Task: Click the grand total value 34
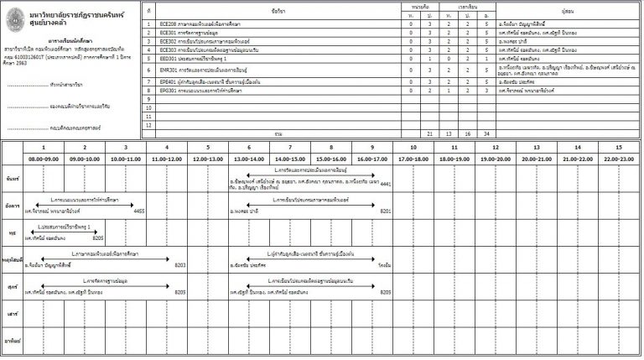click(x=486, y=133)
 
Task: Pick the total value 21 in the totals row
click(x=429, y=133)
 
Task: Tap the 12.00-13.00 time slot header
click(x=207, y=159)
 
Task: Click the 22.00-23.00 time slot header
click(x=618, y=159)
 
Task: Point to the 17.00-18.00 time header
click(x=413, y=159)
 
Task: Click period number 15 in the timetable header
click(x=618, y=148)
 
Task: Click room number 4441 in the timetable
click(x=385, y=183)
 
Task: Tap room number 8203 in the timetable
click(x=179, y=265)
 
